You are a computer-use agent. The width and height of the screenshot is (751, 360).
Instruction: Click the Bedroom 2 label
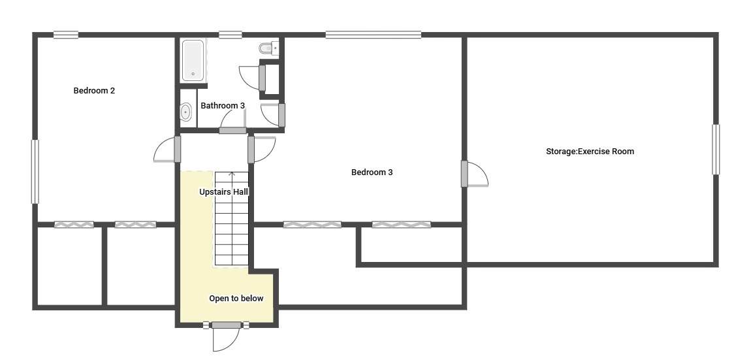[94, 91]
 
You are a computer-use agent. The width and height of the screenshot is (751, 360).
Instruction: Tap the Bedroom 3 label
[372, 172]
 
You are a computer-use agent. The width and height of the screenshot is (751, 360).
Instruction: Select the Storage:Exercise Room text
[590, 152]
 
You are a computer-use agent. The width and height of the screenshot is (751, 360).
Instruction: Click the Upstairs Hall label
[224, 191]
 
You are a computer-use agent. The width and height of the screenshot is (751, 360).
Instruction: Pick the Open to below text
[236, 298]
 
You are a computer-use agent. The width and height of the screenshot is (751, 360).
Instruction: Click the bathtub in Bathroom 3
[193, 60]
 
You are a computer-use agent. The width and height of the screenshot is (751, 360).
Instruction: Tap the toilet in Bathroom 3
[268, 48]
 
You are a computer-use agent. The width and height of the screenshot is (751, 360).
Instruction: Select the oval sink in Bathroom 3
[186, 113]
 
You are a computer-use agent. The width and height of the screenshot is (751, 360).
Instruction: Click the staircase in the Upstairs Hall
[231, 219]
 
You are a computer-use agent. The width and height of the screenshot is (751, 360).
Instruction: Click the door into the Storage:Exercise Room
[475, 174]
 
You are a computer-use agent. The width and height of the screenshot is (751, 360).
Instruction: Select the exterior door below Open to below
[226, 338]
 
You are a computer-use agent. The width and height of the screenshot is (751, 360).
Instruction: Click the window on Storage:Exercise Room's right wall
[716, 150]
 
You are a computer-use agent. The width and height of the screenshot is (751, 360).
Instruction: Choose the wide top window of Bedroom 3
[374, 35]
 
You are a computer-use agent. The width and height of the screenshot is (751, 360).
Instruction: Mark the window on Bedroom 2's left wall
[35, 172]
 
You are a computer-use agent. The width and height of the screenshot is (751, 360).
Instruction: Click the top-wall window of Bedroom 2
[65, 35]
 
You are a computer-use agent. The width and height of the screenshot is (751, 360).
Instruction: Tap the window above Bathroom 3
[231, 35]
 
